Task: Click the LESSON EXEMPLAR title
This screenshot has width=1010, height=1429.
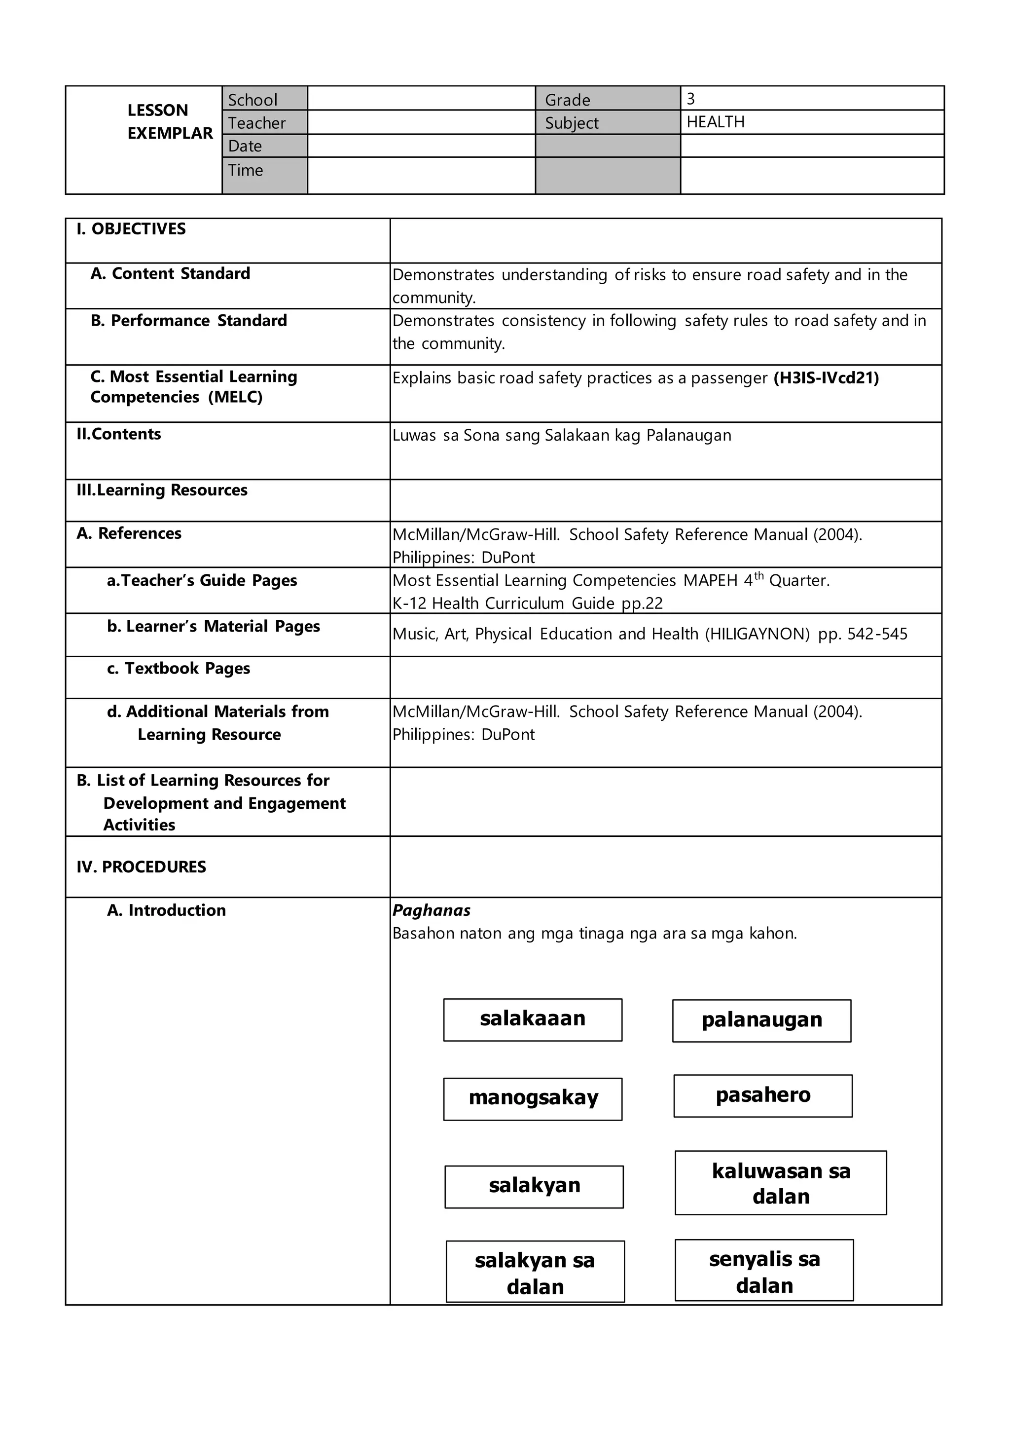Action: click(x=169, y=122)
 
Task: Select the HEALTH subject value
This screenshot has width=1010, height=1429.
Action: click(x=715, y=122)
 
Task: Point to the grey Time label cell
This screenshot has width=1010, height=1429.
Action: click(x=264, y=174)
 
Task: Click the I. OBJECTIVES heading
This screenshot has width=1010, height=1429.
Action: click(x=131, y=229)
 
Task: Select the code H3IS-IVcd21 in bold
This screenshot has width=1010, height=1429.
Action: click(x=826, y=378)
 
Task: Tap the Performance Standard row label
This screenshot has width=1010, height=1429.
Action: click(x=188, y=321)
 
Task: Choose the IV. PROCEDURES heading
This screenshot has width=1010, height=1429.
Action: click(x=141, y=867)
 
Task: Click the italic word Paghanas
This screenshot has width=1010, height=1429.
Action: click(x=431, y=910)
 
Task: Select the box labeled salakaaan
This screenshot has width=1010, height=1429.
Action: click(x=532, y=1020)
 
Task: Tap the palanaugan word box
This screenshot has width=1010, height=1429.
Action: click(x=761, y=1021)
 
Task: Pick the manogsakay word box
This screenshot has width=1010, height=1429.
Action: click(x=532, y=1099)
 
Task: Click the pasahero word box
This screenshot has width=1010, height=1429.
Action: click(x=762, y=1096)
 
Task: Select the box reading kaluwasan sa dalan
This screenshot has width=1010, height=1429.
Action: click(x=781, y=1183)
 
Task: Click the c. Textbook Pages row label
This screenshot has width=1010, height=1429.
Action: click(x=179, y=669)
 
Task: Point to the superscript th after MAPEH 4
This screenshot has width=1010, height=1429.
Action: click(x=759, y=576)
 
